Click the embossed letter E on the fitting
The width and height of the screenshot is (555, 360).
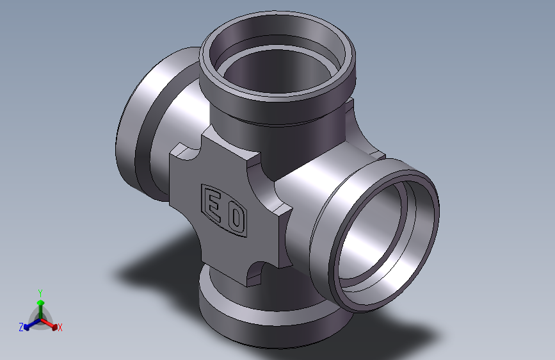213,206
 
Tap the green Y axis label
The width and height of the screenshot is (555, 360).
40,293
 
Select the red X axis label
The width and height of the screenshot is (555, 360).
60,327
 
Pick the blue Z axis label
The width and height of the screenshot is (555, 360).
21,327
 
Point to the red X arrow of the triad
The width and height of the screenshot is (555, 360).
49,324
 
